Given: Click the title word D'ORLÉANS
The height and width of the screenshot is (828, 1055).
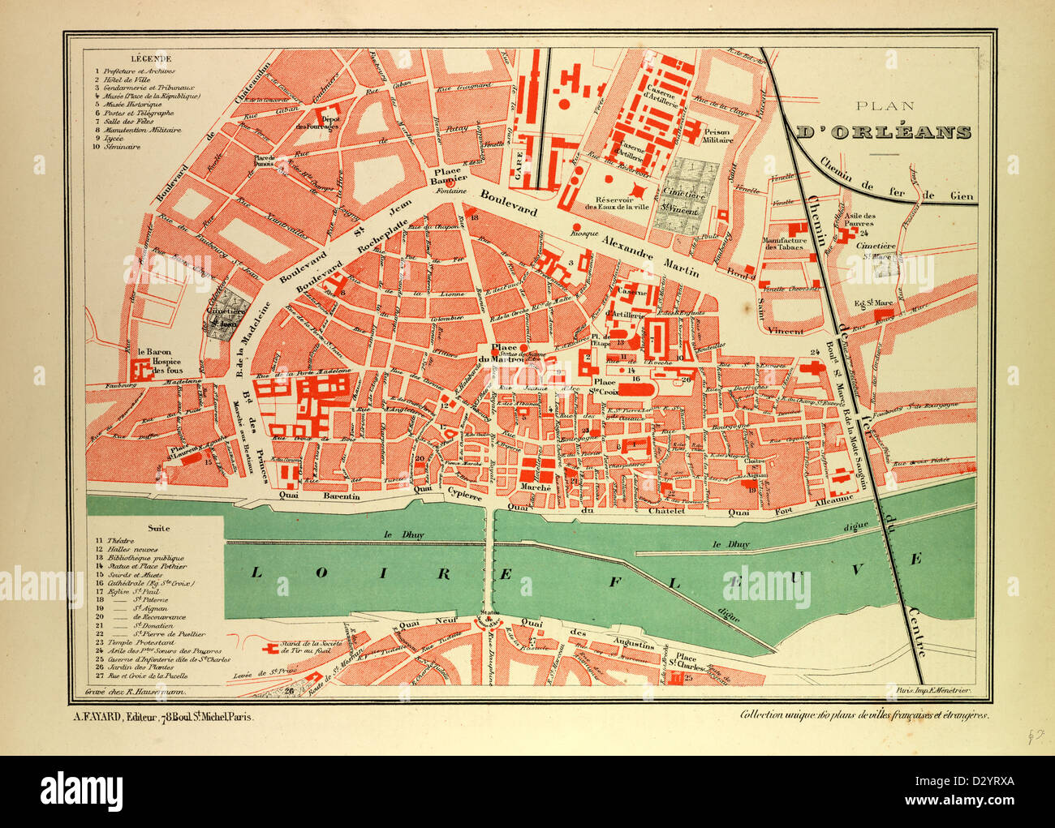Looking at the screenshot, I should click(883, 132).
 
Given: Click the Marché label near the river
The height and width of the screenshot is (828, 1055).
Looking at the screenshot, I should click(536, 487).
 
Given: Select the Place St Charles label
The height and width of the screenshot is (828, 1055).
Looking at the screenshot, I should click(687, 663).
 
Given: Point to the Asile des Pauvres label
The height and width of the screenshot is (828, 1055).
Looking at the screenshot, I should click(858, 220).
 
